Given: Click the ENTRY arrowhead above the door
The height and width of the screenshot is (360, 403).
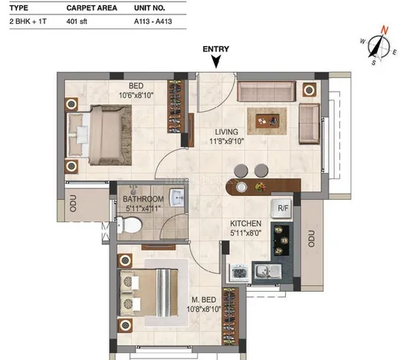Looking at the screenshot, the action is coord(216,62).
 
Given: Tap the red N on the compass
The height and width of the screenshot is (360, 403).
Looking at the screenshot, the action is coord(385,30).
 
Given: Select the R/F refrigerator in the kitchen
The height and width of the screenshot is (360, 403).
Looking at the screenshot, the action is coord(281,208).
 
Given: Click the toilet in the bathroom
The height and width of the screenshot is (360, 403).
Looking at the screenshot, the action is coord(129,225).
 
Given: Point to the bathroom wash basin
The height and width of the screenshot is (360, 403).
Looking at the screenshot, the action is coord(177,198).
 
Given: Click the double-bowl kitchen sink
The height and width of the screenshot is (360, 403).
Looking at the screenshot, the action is coord(268,272).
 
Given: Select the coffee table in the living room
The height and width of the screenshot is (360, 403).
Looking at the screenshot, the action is coord(267,121).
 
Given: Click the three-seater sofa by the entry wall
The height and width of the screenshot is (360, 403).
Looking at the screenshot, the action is coord(267,91).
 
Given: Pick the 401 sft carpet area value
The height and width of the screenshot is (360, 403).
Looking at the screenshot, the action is coord(77,21).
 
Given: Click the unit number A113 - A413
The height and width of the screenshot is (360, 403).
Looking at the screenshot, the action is coord(153,21).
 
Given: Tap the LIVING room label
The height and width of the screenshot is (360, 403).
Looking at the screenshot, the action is coord(227,132).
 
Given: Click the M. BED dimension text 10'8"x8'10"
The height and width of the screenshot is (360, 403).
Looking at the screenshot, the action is coord(204,309).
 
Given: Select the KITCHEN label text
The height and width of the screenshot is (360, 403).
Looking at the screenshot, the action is coord(246,224).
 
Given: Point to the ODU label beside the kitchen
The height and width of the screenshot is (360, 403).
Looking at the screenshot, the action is coord(311,239).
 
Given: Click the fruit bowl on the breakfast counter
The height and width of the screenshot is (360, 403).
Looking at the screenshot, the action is coord(260,186).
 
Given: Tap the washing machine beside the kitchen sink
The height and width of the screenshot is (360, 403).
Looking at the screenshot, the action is coord(239,273).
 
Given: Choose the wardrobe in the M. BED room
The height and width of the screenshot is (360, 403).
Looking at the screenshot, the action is coord(230,316).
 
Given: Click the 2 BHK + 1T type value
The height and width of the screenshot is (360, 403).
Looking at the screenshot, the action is coord(28,21).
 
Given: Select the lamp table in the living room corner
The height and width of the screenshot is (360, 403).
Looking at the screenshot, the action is coord(310,90).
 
